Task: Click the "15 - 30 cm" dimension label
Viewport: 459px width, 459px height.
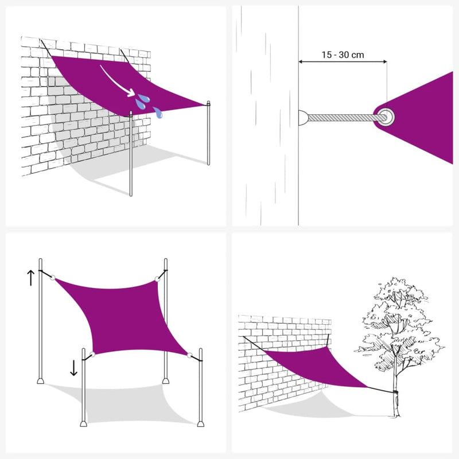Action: point(343,55)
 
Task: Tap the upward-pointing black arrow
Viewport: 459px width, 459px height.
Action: point(30,278)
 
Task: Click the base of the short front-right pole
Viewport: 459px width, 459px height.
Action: point(200,423)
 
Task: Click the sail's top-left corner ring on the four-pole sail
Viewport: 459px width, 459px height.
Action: point(53,278)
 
